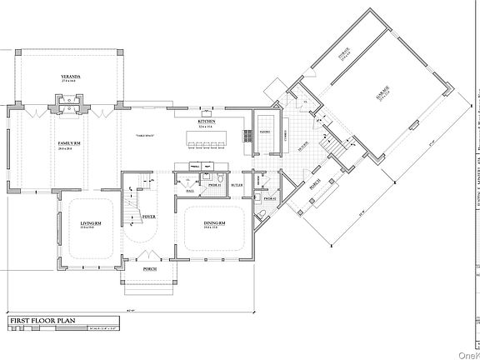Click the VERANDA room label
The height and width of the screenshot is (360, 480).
pyautogui.click(x=70, y=77)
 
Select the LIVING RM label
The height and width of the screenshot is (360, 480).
pyautogui.click(x=90, y=225)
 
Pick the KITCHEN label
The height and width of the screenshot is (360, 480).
pyautogui.click(x=207, y=122)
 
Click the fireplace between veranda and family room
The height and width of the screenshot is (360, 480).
pyautogui.click(x=69, y=104)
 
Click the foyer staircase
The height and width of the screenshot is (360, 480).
pyautogui.click(x=131, y=219)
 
